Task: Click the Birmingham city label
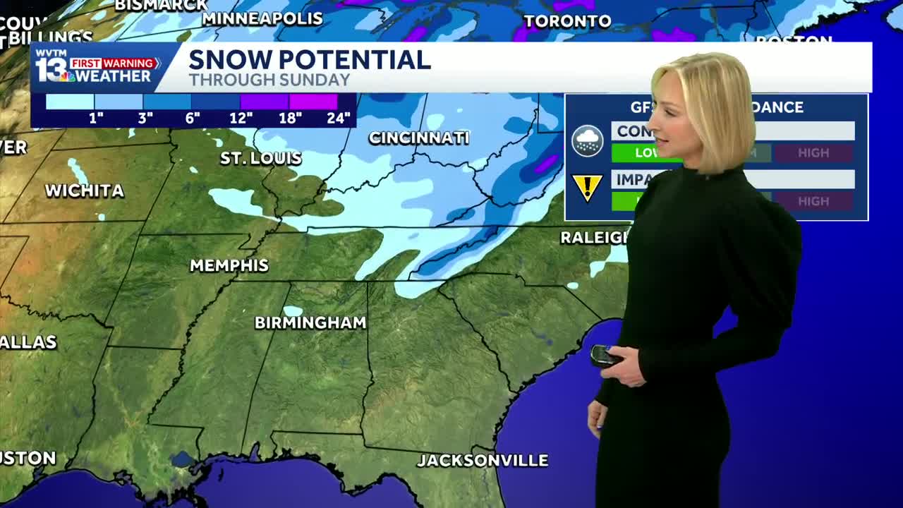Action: pos(310,322)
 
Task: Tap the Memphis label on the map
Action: pos(229,265)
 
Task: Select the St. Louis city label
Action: pos(261,158)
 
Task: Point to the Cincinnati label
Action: pos(419,138)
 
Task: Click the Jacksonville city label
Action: pos(483,461)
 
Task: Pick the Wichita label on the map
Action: pos(85,190)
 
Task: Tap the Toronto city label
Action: pos(567,21)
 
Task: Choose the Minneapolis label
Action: pos(262,18)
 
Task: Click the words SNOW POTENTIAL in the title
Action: pos(309,60)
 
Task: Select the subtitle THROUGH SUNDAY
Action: pos(269,80)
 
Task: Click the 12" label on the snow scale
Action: pos(241,118)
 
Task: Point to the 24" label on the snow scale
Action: pos(339,118)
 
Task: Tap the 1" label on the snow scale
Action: pos(96,118)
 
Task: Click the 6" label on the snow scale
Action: pos(193,118)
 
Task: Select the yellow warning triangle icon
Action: pos(587,188)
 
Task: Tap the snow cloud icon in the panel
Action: pos(587,140)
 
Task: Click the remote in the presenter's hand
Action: pos(605,355)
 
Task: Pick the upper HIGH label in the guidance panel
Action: pos(813,152)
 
